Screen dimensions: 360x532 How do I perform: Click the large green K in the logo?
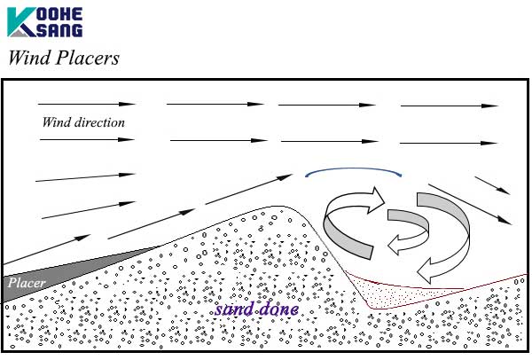20,21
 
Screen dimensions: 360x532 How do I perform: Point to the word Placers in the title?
87,59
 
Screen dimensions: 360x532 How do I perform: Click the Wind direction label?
83,121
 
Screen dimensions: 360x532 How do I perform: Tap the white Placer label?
26,284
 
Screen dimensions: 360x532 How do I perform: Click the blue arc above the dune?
355,170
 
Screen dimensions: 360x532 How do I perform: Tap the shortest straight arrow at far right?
492,184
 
